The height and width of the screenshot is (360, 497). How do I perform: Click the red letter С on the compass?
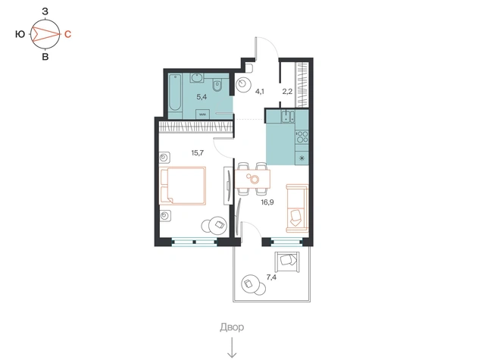pyautogui.click(x=67, y=34)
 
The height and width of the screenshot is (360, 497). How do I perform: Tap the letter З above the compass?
pyautogui.click(x=45, y=11)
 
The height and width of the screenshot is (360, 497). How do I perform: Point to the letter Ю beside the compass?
pyautogui.click(x=20, y=34)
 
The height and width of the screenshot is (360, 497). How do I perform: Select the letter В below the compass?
pyautogui.click(x=45, y=57)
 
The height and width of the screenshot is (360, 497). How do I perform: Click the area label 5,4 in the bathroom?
pyautogui.click(x=202, y=97)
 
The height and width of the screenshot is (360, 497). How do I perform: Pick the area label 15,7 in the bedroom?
pyautogui.click(x=197, y=153)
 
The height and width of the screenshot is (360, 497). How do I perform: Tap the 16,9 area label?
pyautogui.click(x=267, y=202)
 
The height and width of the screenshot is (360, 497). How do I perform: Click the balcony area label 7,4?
pyautogui.click(x=271, y=277)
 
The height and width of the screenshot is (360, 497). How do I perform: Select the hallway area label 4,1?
pyautogui.click(x=260, y=92)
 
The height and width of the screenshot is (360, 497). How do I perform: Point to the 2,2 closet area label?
pyautogui.click(x=287, y=92)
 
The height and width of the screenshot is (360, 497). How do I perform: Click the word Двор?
pyautogui.click(x=232, y=327)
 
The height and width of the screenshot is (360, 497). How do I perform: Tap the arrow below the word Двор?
pyautogui.click(x=233, y=348)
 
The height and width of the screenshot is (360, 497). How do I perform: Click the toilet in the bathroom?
pyautogui.click(x=217, y=85)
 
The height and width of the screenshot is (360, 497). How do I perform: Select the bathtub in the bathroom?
pyautogui.click(x=175, y=92)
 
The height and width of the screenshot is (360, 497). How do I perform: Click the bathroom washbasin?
pyautogui.click(x=197, y=78)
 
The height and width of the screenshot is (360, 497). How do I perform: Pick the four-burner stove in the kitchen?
pyautogui.click(x=302, y=136)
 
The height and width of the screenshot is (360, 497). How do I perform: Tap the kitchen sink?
pyautogui.click(x=288, y=117)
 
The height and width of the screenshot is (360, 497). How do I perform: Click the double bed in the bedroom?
pyautogui.click(x=183, y=186)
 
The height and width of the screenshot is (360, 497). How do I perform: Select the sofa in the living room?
pyautogui.click(x=297, y=208)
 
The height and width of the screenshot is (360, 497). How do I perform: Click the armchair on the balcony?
pyautogui.click(x=287, y=261)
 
